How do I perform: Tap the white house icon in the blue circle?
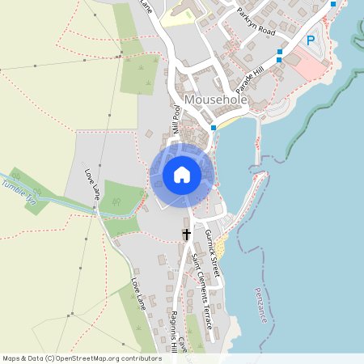[182, 175]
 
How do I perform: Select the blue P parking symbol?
[309, 40]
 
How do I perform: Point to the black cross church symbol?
[186, 235]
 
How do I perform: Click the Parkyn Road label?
[256, 22]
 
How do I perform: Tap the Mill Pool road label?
[175, 118]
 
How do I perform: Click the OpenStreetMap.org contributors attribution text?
[105, 358]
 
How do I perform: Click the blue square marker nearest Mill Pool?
[214, 128]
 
